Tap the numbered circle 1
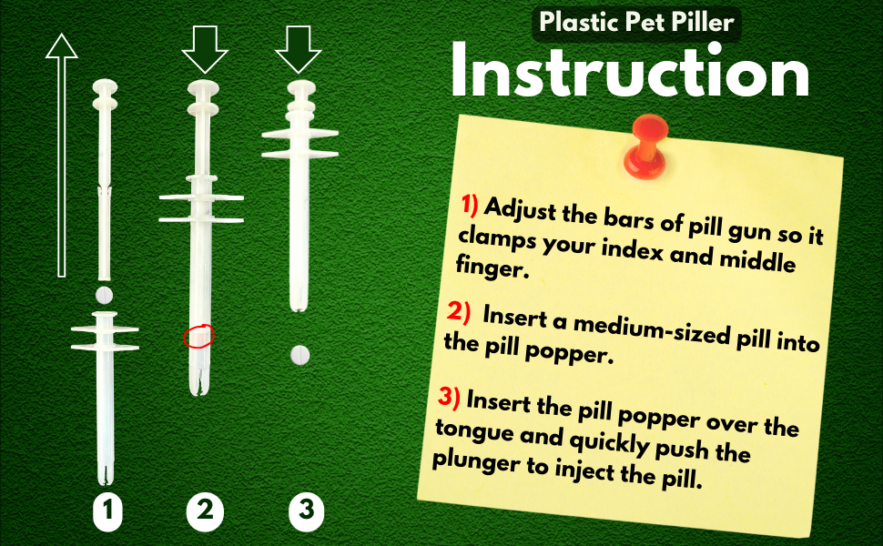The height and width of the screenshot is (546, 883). (107, 512)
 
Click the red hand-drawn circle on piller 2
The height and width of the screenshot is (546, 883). (198, 337)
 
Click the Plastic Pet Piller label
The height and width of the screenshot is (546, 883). (636, 22)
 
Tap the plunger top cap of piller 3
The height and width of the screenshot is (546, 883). (300, 88)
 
